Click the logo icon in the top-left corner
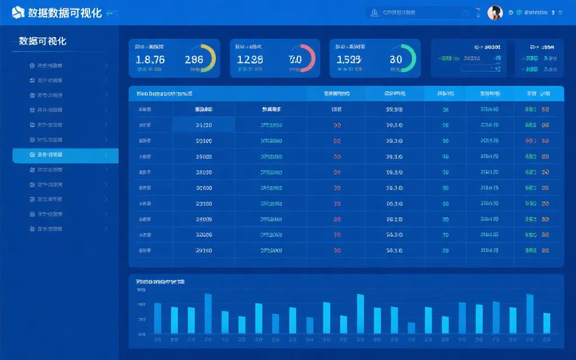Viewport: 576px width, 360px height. click(x=18, y=13)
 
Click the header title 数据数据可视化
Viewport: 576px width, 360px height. click(x=65, y=13)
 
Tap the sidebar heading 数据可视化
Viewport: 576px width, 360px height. click(x=43, y=41)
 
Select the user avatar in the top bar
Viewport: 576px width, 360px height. click(x=494, y=13)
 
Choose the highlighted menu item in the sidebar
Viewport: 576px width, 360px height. click(x=65, y=155)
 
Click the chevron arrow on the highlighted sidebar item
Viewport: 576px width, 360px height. click(x=106, y=155)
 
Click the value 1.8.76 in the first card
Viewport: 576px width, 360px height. click(x=150, y=60)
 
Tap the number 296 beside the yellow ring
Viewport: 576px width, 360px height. click(x=194, y=60)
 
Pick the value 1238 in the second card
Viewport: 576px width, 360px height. click(x=250, y=60)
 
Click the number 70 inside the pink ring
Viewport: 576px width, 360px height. click(x=295, y=59)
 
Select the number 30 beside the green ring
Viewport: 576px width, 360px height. click(x=395, y=60)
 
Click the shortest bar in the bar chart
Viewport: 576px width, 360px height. click(x=411, y=327)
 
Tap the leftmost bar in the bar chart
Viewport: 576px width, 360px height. click(x=157, y=318)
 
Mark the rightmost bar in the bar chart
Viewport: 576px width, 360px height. click(x=547, y=323)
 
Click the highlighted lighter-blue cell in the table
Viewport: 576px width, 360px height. click(x=204, y=125)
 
